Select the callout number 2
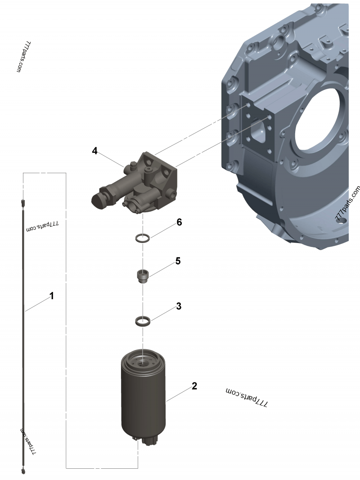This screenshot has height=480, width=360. pyautogui.click(x=194, y=386)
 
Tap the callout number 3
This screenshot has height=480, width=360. pyautogui.click(x=179, y=306)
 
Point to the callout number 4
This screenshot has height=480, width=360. pyautogui.click(x=94, y=151)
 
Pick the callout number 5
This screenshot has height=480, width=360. pyautogui.click(x=178, y=261)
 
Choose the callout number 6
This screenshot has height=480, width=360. pyautogui.click(x=179, y=222)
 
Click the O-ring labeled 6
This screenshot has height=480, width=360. pyautogui.click(x=143, y=238)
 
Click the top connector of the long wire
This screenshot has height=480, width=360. pyautogui.click(x=23, y=203)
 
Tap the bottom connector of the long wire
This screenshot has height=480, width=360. pyautogui.click(x=23, y=471)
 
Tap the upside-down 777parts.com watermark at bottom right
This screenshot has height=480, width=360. pyautogui.click(x=247, y=396)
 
